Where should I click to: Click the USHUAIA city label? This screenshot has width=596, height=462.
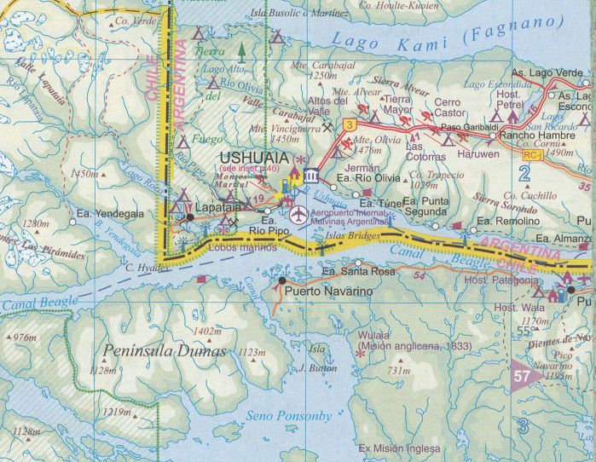pyautogui.click(x=254, y=158)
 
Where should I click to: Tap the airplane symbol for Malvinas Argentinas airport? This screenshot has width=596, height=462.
pyautogui.click(x=298, y=214)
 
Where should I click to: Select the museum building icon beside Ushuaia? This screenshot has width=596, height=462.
pyautogui.click(x=312, y=176)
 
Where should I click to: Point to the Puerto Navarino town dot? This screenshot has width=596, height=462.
pyautogui.click(x=282, y=280)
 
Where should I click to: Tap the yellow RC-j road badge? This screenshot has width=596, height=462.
pyautogui.click(x=532, y=155)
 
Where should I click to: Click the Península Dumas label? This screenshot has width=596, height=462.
pyautogui.click(x=165, y=351)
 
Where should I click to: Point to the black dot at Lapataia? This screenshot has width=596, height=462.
pyautogui.click(x=190, y=217)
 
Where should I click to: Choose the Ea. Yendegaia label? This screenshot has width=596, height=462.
pyautogui.click(x=110, y=214)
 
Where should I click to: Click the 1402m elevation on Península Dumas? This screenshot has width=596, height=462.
pyautogui.click(x=208, y=331)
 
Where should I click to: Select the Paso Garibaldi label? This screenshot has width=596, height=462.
pyautogui.click(x=463, y=127)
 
